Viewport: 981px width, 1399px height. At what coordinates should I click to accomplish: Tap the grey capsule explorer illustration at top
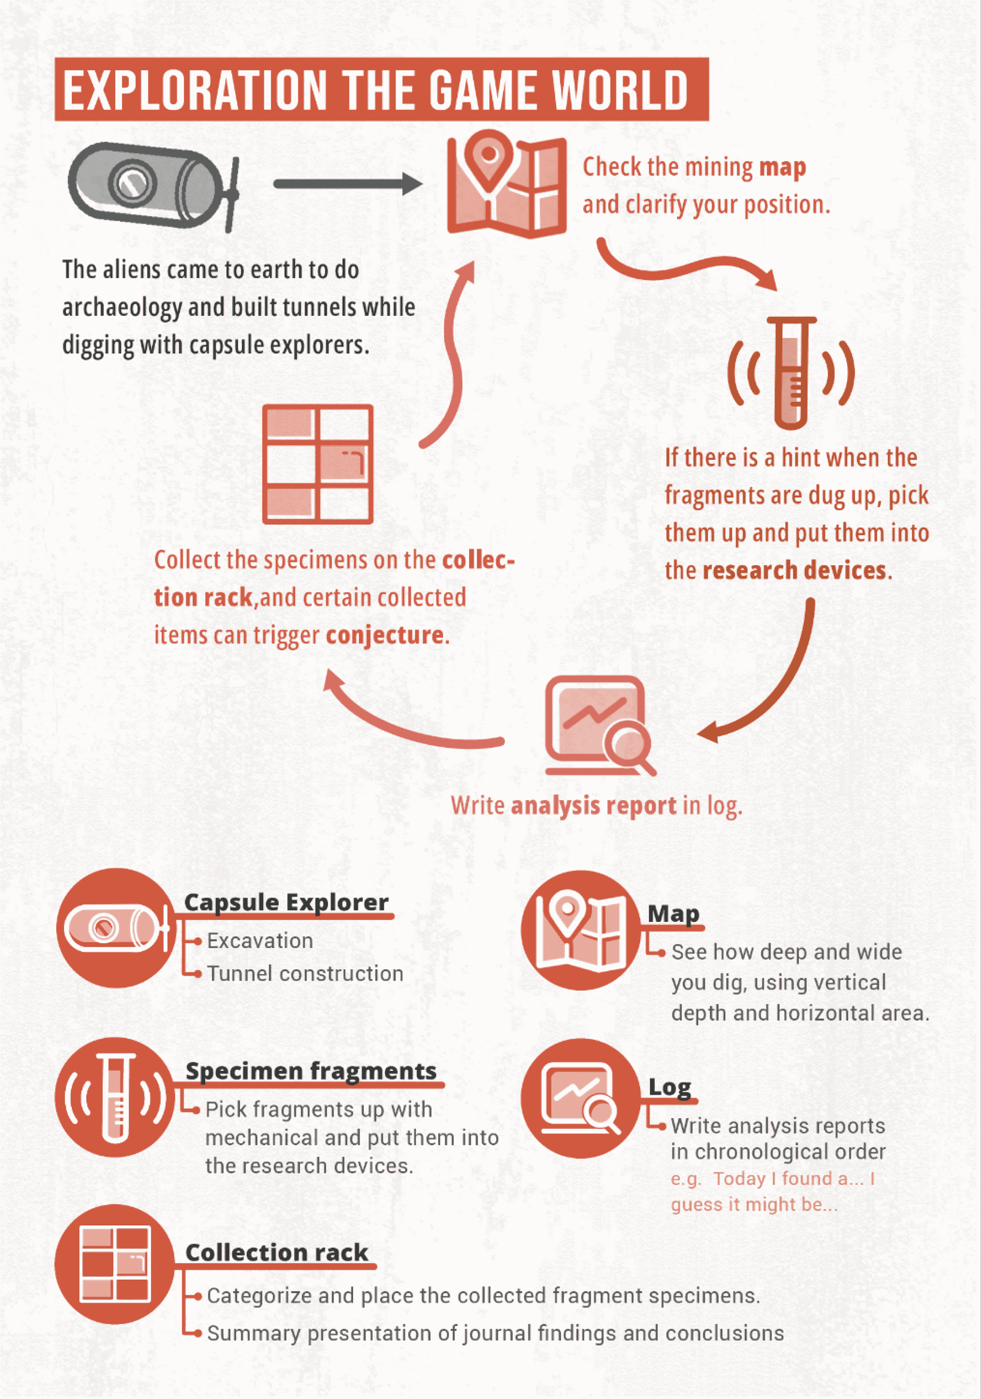coord(152,185)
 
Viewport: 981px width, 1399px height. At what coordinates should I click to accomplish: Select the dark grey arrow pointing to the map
coord(347,183)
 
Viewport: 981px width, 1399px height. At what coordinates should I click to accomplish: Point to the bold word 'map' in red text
coord(782,167)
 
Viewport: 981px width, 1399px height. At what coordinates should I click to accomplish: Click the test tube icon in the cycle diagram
coord(791,373)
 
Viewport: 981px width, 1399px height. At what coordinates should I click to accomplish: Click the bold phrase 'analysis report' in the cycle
coord(593,806)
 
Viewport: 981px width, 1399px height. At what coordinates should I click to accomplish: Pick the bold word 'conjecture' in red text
coord(385,636)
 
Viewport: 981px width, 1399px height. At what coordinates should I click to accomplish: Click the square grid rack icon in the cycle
coord(317,464)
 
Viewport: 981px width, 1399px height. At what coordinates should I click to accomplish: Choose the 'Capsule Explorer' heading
coord(286,902)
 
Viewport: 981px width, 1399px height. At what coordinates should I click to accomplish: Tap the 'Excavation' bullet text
coord(260,941)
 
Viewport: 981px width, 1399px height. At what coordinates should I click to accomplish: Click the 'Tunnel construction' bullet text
coord(305,974)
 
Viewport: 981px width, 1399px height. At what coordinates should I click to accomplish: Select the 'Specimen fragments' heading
coord(311,1071)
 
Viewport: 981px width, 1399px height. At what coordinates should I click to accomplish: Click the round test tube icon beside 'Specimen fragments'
coord(115,1097)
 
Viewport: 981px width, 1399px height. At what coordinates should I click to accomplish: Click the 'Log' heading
coord(670,1087)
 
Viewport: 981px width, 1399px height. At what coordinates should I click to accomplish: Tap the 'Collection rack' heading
coord(276,1253)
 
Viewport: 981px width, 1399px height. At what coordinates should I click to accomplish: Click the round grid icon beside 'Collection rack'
coord(115,1264)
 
